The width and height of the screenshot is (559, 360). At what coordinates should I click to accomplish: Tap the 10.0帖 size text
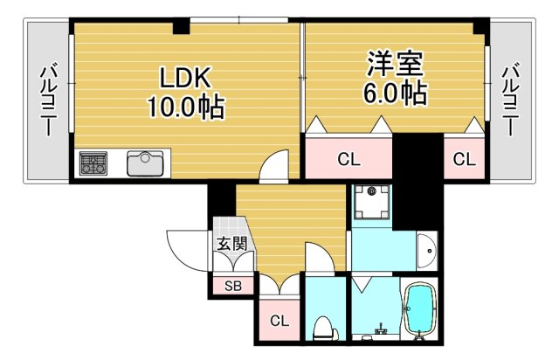click(x=186, y=107)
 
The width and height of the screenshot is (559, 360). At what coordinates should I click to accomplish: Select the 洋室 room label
click(x=395, y=64)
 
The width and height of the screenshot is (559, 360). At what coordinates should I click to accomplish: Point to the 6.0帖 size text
click(x=395, y=93)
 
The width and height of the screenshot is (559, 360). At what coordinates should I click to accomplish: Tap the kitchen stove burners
click(x=93, y=164)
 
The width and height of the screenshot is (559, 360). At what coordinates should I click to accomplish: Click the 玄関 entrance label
click(x=230, y=244)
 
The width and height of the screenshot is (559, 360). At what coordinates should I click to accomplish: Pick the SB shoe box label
click(x=232, y=286)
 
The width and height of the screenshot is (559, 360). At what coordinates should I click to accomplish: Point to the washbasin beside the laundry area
click(x=426, y=251)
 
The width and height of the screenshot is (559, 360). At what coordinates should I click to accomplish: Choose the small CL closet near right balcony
click(x=464, y=159)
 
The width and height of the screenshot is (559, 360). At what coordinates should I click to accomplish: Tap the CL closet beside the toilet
click(x=279, y=320)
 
